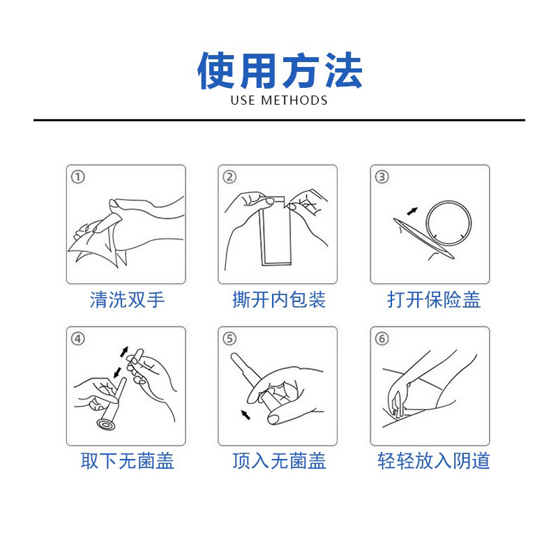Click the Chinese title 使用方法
click(x=280, y=70)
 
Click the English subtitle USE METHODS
click(x=279, y=100)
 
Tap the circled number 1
click(x=78, y=177)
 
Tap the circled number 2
click(x=229, y=177)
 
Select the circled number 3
click(x=382, y=177)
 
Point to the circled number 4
click(x=78, y=338)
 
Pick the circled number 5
click(x=229, y=338)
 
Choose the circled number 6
click(x=382, y=338)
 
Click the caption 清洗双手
click(x=127, y=300)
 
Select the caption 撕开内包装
click(x=279, y=300)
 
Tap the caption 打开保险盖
click(x=434, y=300)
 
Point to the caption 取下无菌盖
click(x=127, y=461)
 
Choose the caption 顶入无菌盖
click(x=279, y=461)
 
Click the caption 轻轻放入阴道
click(x=434, y=461)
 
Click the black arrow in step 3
click(x=412, y=211)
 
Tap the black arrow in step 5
click(x=246, y=414)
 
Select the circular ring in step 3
click(x=448, y=202)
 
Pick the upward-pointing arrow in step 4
click(x=124, y=352)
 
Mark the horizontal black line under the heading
click(x=279, y=120)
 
